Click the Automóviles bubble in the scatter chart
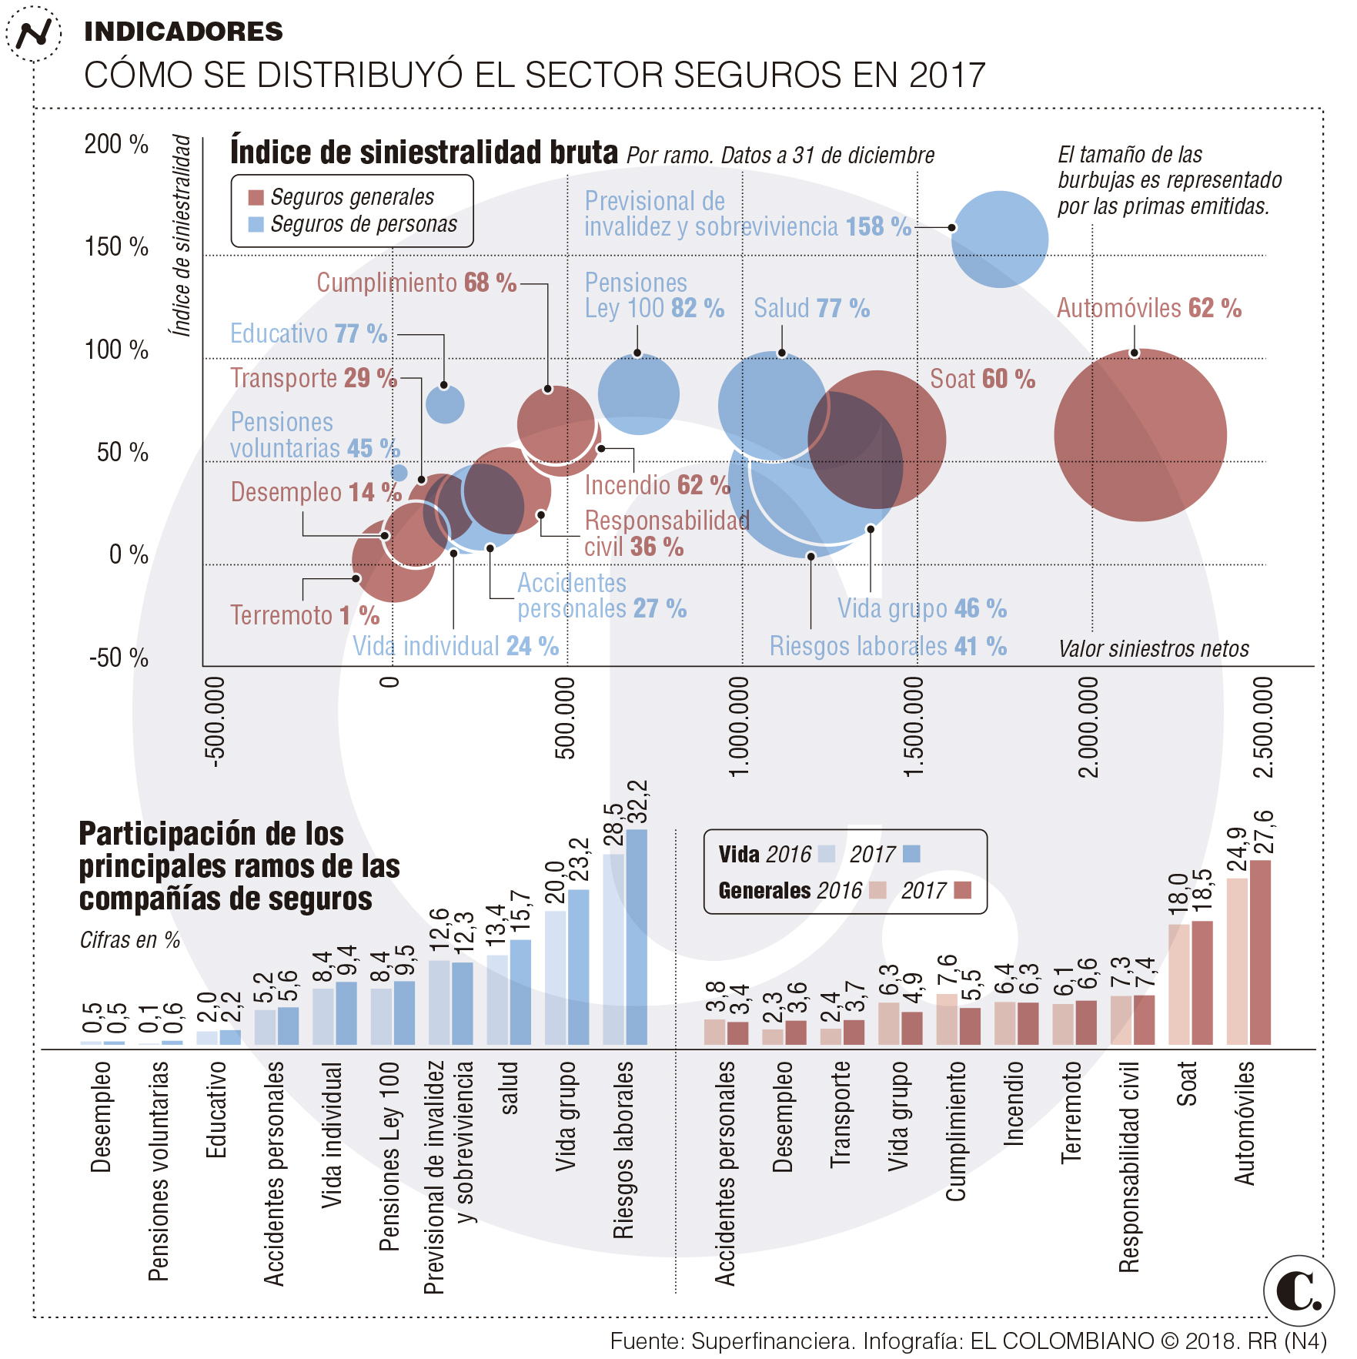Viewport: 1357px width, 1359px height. point(1140,435)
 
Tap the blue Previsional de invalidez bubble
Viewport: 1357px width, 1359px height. point(999,239)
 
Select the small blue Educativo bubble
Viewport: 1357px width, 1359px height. point(445,404)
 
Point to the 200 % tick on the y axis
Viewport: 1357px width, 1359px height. point(116,144)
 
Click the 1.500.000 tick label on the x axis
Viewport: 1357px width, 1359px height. point(913,727)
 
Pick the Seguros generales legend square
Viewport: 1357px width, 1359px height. point(256,198)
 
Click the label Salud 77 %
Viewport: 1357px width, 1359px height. point(811,308)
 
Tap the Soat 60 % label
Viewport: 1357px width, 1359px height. point(982,379)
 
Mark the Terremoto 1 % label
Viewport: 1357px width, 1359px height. point(305,615)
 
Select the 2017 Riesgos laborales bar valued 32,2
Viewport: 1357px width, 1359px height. point(637,936)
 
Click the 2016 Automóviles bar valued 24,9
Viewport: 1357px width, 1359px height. point(1237,961)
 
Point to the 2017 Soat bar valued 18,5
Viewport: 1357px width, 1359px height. point(1202,982)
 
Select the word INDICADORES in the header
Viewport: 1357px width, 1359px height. point(183,32)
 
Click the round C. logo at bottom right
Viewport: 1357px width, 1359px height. point(1299,1291)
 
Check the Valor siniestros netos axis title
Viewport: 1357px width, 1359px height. point(1153,649)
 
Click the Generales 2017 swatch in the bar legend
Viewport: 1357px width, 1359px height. point(962,891)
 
